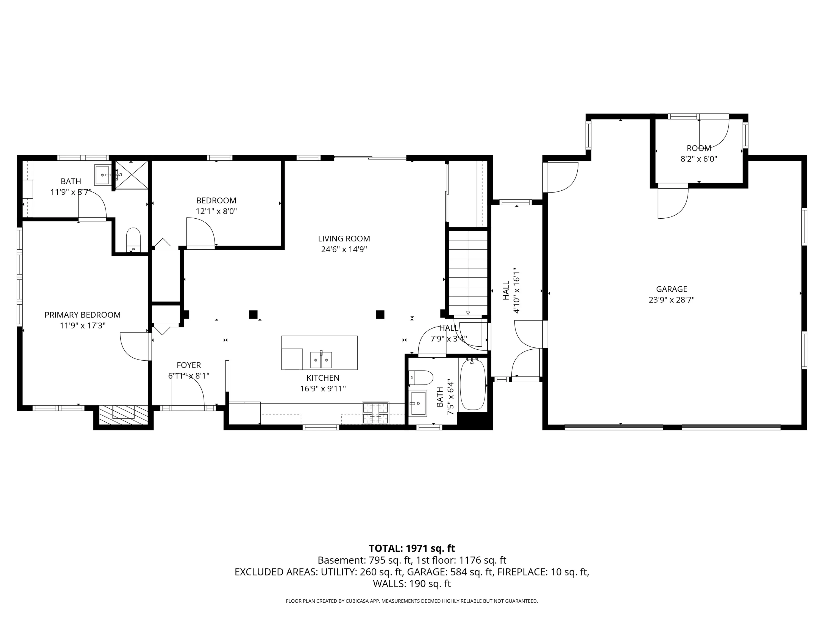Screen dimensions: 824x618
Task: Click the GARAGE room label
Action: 672,289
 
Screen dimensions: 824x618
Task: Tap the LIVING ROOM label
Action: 344,238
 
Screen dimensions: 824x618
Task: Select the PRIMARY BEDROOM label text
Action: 82,315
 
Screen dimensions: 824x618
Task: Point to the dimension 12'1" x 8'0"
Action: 216,211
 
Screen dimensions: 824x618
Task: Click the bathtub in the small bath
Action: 473,385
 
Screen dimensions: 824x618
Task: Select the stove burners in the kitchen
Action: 375,413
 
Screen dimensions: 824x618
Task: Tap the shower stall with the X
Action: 131,175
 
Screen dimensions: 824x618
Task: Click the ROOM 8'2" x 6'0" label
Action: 699,154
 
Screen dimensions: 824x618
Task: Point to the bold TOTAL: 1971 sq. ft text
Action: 412,548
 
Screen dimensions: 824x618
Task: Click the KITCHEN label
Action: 323,378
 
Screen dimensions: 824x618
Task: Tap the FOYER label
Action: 189,365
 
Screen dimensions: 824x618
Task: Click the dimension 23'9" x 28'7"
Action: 672,300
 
